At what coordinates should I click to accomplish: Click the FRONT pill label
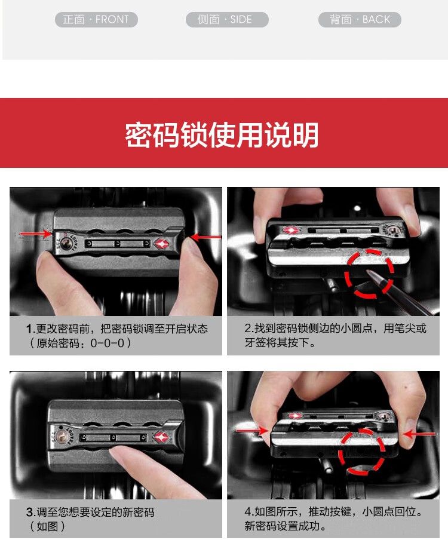(x=96, y=19)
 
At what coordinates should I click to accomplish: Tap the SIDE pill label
(x=227, y=19)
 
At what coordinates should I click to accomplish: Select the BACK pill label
(x=360, y=19)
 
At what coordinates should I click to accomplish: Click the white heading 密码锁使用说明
(x=222, y=135)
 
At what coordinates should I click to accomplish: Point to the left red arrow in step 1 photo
(x=36, y=234)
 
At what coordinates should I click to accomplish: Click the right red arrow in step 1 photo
(x=205, y=237)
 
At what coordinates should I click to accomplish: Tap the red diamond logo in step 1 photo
(x=161, y=244)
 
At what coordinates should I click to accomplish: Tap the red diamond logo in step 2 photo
(x=290, y=231)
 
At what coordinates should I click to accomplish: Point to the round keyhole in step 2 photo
(x=392, y=229)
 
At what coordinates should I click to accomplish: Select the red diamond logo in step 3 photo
(x=161, y=437)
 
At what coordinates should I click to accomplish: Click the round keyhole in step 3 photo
(x=62, y=437)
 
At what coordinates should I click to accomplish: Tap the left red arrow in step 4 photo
(x=252, y=431)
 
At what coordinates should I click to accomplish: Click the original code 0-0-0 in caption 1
(x=108, y=343)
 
